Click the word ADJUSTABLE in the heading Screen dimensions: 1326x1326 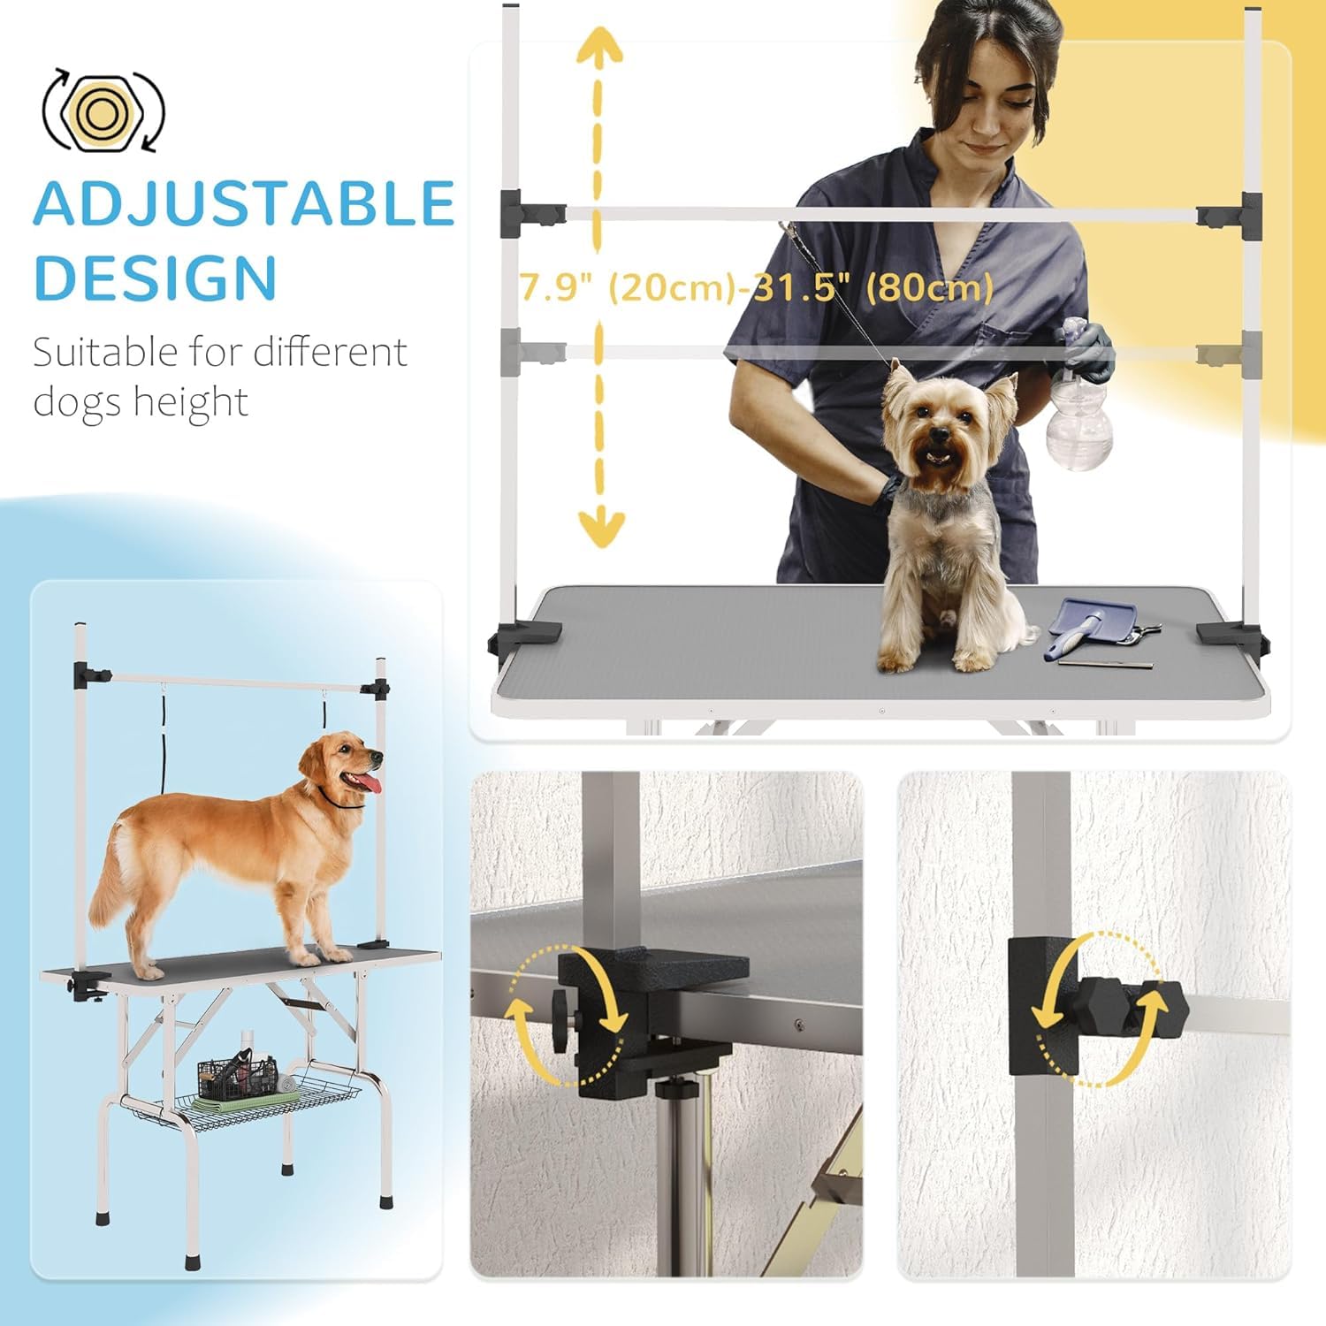(x=244, y=204)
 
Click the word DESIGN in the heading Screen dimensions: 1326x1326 (x=156, y=278)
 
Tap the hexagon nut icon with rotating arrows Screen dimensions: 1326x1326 (x=103, y=110)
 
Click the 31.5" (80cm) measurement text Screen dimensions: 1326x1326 (x=873, y=287)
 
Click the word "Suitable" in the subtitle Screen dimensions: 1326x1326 (x=105, y=352)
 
